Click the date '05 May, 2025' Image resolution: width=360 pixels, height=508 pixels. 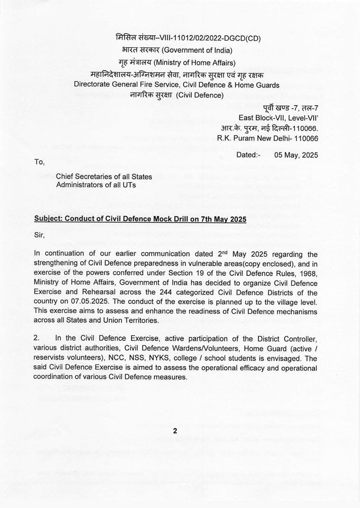pos(296,155)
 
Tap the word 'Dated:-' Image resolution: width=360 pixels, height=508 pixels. pos(248,155)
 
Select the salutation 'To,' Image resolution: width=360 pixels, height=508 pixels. pos(39,163)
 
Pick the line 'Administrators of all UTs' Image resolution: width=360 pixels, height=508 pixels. pos(96,185)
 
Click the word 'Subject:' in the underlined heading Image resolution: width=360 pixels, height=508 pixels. pos(50,219)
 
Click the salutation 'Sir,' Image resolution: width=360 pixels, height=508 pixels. pos(39,235)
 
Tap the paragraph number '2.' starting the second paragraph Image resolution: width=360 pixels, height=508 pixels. pos(37,339)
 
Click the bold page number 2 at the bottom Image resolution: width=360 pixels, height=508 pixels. pos(175,431)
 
